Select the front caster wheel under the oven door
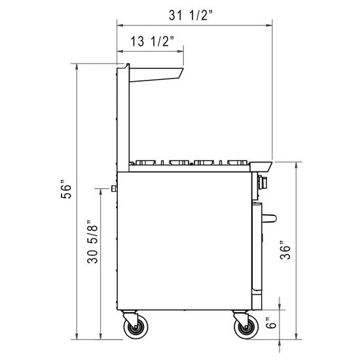(244, 327)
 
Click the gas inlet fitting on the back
(114, 189)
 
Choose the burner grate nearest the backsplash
(147, 162)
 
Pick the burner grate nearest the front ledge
(238, 162)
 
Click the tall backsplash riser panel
(122, 118)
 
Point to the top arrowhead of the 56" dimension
(78, 67)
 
